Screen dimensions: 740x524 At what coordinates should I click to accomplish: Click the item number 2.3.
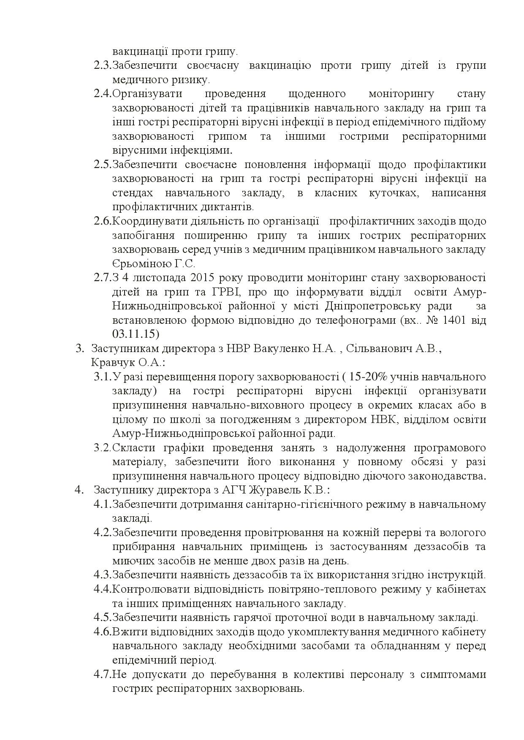point(102,65)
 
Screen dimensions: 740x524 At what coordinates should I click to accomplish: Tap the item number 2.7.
point(102,278)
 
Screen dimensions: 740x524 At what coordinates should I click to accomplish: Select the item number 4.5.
point(102,618)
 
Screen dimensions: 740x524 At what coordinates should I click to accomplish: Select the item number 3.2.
point(102,447)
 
